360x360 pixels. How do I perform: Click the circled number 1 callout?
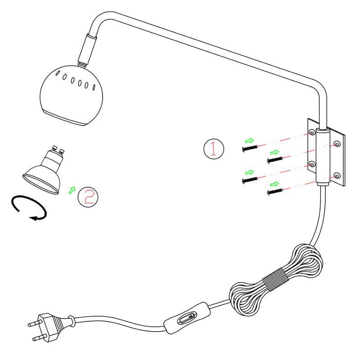[213, 149]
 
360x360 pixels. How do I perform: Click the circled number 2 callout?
[88, 197]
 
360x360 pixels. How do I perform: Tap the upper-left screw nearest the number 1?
[250, 148]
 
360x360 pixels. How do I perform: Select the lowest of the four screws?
[275, 192]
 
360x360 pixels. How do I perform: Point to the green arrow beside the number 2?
[72, 190]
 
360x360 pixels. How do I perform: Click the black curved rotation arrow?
[29, 208]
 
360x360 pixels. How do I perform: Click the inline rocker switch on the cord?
[187, 318]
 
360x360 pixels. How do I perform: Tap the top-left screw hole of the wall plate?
[312, 132]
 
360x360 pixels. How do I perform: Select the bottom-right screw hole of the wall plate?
[337, 176]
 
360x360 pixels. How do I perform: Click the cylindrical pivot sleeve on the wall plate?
[323, 157]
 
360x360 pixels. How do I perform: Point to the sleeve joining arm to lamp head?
[87, 49]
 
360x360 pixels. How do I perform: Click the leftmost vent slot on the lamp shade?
[58, 73]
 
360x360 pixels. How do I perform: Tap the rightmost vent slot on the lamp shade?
[94, 87]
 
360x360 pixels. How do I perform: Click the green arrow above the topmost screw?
[249, 140]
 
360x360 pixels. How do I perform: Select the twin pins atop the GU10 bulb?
[58, 149]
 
